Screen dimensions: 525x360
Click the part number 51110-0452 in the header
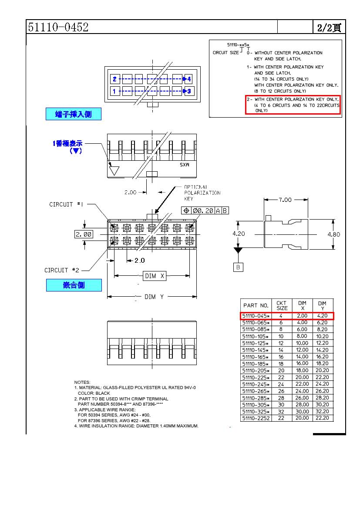[x=58, y=27]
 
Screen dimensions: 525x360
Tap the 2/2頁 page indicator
[x=329, y=27]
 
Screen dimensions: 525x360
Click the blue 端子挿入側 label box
[x=74, y=114]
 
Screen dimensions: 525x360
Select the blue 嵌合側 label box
[x=74, y=285]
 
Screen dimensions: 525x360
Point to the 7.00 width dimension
[x=285, y=200]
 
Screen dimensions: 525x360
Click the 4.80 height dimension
[x=334, y=234]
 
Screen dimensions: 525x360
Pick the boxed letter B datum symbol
[x=238, y=267]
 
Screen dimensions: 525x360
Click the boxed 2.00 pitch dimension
[x=83, y=234]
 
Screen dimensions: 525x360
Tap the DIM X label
[x=155, y=276]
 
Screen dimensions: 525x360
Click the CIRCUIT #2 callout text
[x=62, y=270]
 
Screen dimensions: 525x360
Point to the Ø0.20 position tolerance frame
[x=205, y=210]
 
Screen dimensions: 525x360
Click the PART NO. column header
[x=256, y=305]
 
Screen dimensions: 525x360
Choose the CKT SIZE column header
[x=282, y=305]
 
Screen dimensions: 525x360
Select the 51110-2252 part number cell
[x=256, y=418]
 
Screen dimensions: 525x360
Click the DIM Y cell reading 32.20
[x=322, y=411]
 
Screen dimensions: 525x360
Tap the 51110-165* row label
[x=256, y=357]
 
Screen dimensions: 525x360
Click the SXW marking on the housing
[x=185, y=166]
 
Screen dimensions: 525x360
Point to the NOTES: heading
[x=82, y=382]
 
